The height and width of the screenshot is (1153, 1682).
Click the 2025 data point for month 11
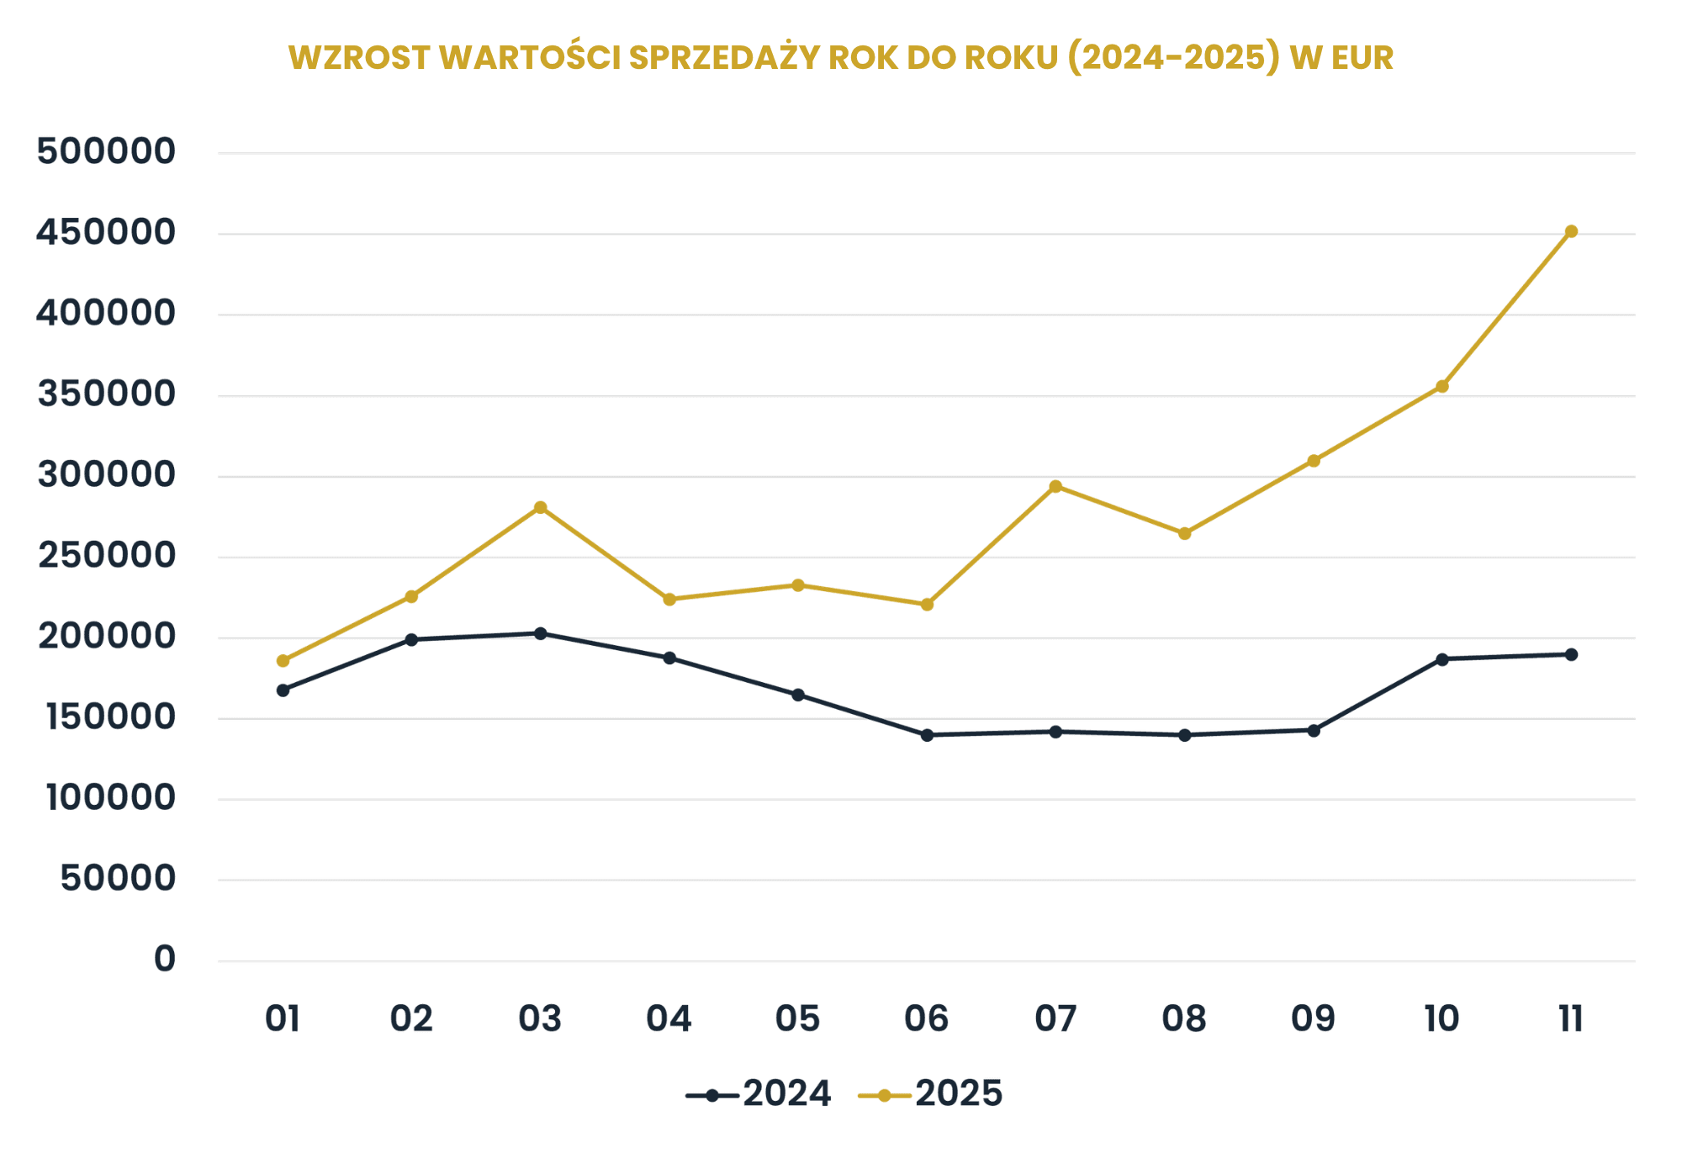pos(1571,231)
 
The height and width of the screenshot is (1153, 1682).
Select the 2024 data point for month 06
pos(927,735)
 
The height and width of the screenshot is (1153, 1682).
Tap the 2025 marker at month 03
pos(540,507)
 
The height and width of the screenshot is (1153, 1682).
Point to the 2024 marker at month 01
pos(283,690)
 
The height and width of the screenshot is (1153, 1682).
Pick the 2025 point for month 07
pos(1055,486)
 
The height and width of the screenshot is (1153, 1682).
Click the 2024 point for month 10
pos(1442,659)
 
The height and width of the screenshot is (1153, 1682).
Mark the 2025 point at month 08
pos(1184,533)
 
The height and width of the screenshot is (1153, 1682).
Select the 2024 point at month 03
pos(540,633)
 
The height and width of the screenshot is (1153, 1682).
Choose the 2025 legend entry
pos(930,1094)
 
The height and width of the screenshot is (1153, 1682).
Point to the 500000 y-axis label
pos(106,152)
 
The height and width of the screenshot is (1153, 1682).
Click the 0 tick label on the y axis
pos(165,959)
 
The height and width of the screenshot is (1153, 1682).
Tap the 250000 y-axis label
pos(106,556)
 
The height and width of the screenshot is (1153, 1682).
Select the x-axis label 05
pos(797,1019)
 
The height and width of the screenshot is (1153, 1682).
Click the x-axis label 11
pos(1570,1019)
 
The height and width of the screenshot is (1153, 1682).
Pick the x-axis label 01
pos(283,1019)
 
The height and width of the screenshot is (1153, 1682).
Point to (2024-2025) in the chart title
pos(1174,57)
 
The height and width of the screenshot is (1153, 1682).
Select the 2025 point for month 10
pos(1442,387)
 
